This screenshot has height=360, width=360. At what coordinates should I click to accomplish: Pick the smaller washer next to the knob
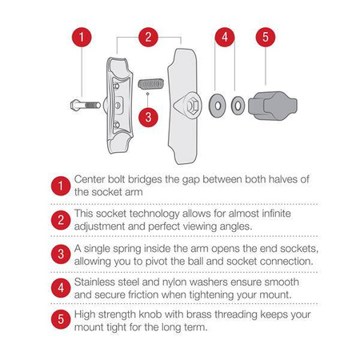point(237,104)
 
